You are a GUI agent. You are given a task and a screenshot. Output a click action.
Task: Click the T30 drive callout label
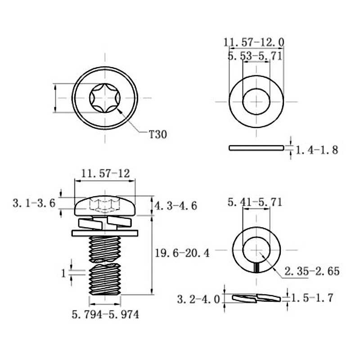coord(158,134)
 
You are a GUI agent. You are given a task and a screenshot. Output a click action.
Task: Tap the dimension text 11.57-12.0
coord(254,42)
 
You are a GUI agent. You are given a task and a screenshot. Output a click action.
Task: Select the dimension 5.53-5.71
coord(255,56)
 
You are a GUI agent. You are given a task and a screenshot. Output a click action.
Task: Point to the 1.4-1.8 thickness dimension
coord(317,150)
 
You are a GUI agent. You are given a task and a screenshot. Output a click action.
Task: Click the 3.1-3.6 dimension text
coord(34,203)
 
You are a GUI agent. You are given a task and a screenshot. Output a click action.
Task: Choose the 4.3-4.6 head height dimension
coord(175,206)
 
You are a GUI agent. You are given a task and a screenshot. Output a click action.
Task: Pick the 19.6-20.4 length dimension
coord(183,253)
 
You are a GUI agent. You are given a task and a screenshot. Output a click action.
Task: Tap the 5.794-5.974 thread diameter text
coord(105,314)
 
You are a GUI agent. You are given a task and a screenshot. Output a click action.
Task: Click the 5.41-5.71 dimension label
coord(255,202)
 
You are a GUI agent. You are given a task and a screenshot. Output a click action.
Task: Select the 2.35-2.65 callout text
coord(312,271)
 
